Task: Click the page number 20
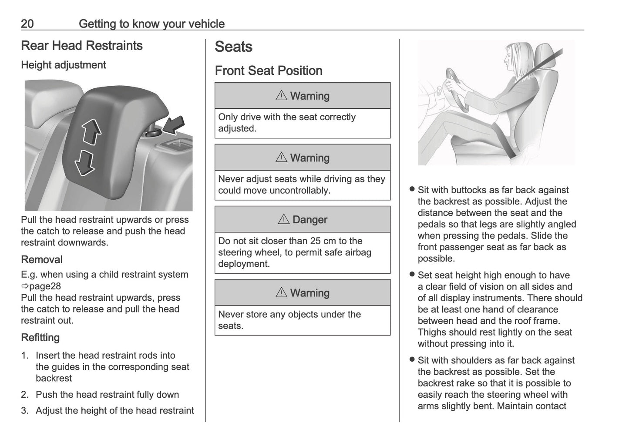(x=27, y=23)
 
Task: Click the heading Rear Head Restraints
(x=82, y=46)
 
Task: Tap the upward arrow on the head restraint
(x=91, y=132)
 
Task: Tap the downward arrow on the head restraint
(x=84, y=163)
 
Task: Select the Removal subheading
(x=42, y=260)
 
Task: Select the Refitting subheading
(x=40, y=338)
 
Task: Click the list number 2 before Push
(x=24, y=395)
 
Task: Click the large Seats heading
(x=233, y=47)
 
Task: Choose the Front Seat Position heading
(x=269, y=71)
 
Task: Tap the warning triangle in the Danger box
(x=283, y=219)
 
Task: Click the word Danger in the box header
(x=310, y=220)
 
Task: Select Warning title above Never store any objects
(x=309, y=293)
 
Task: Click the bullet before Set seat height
(x=412, y=275)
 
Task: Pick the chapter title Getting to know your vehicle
(x=151, y=23)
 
